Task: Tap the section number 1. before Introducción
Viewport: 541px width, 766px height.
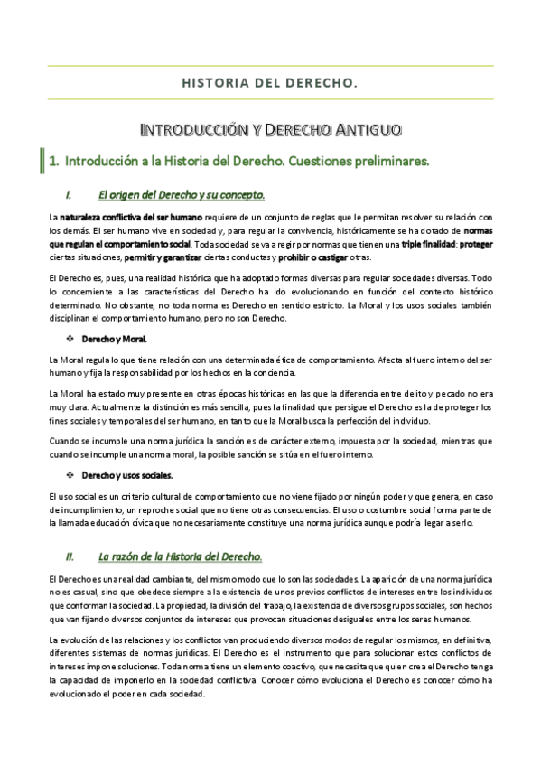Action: (x=54, y=163)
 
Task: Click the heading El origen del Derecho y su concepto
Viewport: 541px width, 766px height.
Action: (x=181, y=194)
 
